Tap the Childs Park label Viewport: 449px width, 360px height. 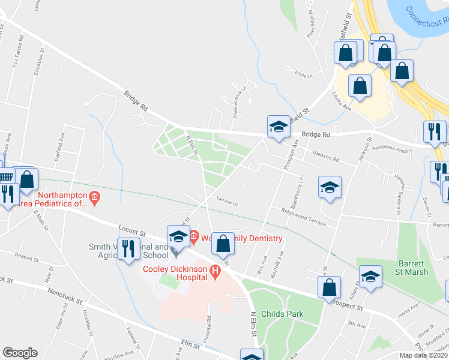coord(286,314)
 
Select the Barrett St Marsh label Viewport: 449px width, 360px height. coord(414,268)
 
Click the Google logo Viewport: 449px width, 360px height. coord(20,353)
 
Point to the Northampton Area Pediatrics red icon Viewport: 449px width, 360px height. coord(94,196)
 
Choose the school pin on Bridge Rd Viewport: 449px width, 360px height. coord(279,126)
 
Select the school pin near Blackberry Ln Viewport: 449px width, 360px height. coord(330,187)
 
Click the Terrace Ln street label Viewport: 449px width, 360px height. coord(235,203)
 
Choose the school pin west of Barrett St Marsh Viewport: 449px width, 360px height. coord(371,276)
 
